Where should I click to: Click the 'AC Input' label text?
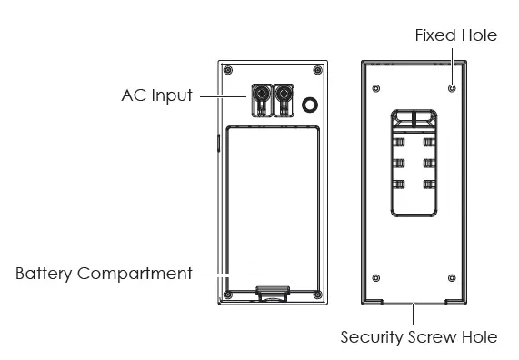pyautogui.click(x=157, y=95)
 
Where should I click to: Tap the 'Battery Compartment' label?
pyautogui.click(x=104, y=274)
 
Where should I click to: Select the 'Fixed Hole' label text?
pyautogui.click(x=456, y=35)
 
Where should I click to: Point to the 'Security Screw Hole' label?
pyautogui.click(x=419, y=337)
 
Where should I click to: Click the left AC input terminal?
pyautogui.click(x=262, y=100)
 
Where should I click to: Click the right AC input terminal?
pyautogui.click(x=284, y=100)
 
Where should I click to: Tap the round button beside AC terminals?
pyautogui.click(x=310, y=105)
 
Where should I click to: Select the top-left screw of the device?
pyautogui.click(x=228, y=70)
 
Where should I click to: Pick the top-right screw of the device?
pyautogui.click(x=317, y=70)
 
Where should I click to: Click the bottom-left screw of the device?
pyautogui.click(x=228, y=295)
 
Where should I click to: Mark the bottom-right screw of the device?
pyautogui.click(x=317, y=295)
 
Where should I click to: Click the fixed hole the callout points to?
pyautogui.click(x=452, y=88)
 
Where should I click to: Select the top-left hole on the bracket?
pyautogui.click(x=376, y=88)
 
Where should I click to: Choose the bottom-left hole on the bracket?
pyautogui.click(x=376, y=278)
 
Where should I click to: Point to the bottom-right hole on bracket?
pyautogui.click(x=452, y=278)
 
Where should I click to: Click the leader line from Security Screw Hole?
pyautogui.click(x=413, y=314)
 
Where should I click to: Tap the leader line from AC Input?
pyautogui.click(x=223, y=96)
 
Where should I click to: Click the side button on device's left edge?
pyautogui.click(x=218, y=143)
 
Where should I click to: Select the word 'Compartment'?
pyautogui.click(x=135, y=274)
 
